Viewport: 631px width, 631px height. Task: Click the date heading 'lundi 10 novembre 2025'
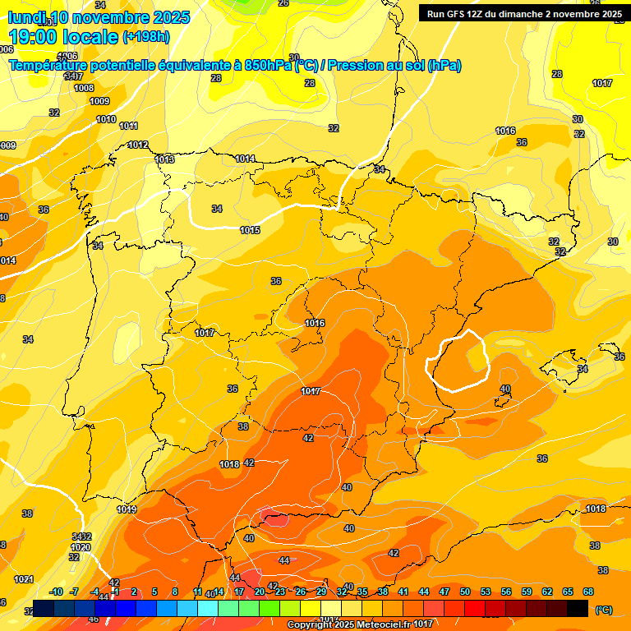click(x=99, y=17)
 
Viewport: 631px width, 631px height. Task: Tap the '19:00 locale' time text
click(x=64, y=36)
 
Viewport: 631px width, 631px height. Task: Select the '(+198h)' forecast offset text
click(x=146, y=37)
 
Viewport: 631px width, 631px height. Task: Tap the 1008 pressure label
click(x=84, y=88)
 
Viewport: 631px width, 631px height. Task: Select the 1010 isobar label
click(x=106, y=119)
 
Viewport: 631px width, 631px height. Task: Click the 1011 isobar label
click(x=128, y=126)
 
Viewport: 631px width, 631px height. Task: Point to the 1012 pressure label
click(x=138, y=145)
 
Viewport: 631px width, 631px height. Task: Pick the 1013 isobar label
click(x=164, y=159)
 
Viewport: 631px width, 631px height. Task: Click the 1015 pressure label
click(x=251, y=230)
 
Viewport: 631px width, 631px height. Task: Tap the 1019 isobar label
click(x=127, y=509)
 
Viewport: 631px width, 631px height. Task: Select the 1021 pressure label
click(x=24, y=579)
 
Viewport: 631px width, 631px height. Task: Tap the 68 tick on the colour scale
click(x=588, y=592)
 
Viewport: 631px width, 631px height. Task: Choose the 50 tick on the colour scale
click(x=465, y=592)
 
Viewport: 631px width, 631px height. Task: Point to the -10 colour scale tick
click(x=56, y=592)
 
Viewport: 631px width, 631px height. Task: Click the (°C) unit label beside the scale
click(x=603, y=609)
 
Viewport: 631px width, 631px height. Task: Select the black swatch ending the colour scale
click(x=578, y=608)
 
